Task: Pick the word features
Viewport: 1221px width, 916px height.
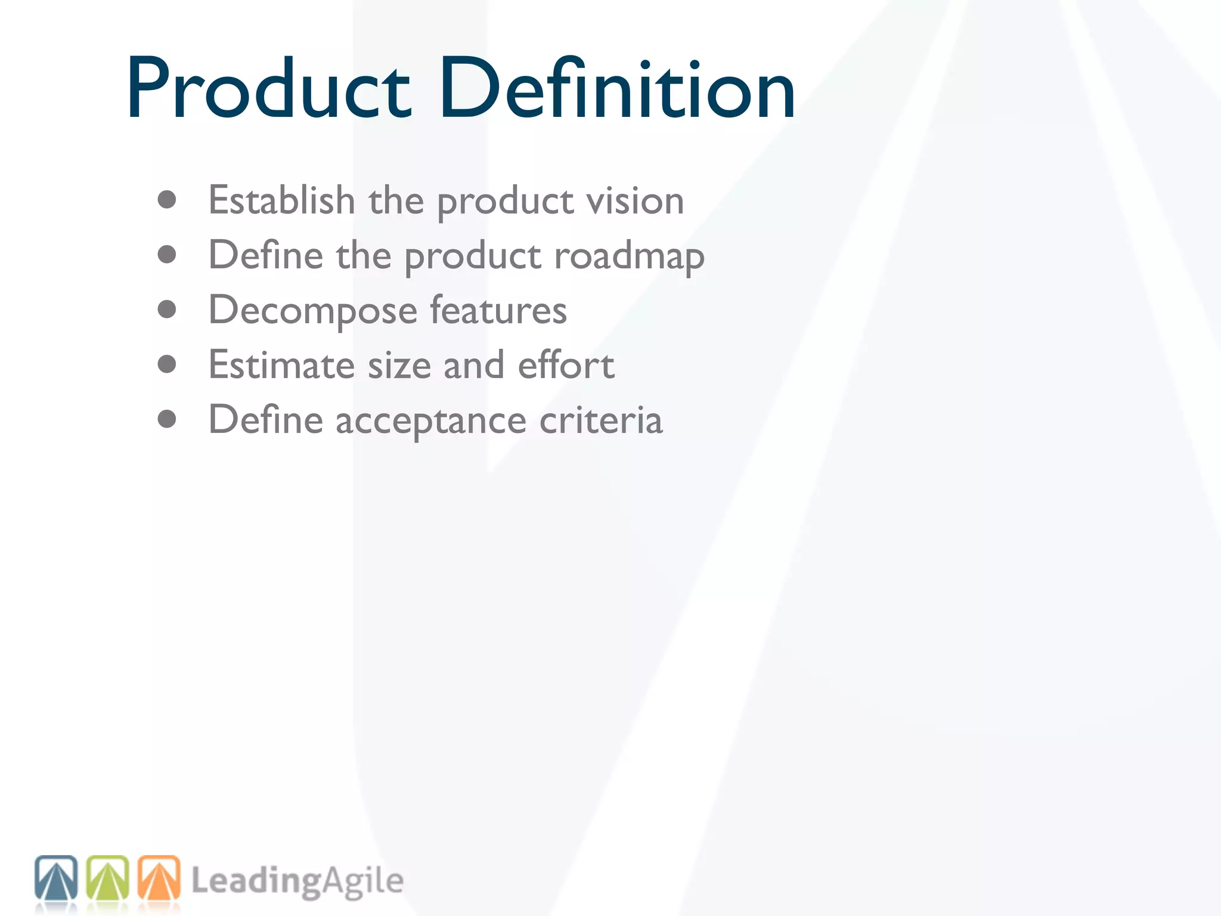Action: pyautogui.click(x=498, y=310)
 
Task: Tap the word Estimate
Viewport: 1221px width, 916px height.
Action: pyautogui.click(x=281, y=365)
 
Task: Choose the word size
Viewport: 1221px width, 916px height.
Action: pyautogui.click(x=399, y=365)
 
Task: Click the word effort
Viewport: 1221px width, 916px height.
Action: pyautogui.click(x=566, y=365)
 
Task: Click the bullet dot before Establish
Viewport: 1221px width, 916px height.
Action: pyautogui.click(x=167, y=200)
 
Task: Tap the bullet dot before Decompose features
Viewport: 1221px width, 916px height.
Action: pyautogui.click(x=167, y=310)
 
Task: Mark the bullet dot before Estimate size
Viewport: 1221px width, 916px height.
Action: pyautogui.click(x=167, y=364)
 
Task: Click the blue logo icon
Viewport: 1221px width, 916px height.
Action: pyautogui.click(x=56, y=878)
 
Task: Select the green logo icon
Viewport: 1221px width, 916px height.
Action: pyautogui.click(x=107, y=878)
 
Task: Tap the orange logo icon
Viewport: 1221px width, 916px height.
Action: pyautogui.click(x=159, y=878)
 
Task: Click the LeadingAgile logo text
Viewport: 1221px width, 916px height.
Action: pyautogui.click(x=297, y=881)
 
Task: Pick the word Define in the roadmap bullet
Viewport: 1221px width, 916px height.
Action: pyautogui.click(x=266, y=255)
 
